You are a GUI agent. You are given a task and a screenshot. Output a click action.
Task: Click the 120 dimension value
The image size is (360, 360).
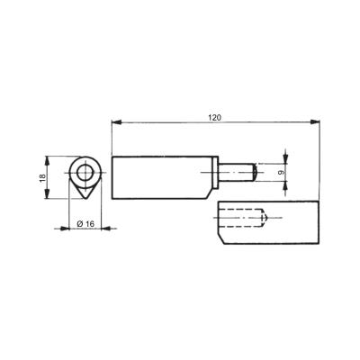[x=215, y=117]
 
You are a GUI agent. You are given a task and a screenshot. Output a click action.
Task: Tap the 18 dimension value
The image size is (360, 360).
[x=43, y=176]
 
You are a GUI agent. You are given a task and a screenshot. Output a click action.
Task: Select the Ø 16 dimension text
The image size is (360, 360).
[x=85, y=224]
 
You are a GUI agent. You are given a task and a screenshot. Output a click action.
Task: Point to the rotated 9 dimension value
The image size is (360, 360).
[x=281, y=172]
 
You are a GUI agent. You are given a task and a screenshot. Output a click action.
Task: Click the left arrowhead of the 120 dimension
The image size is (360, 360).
[x=116, y=122]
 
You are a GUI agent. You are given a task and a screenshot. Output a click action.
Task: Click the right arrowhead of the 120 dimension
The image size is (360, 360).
[x=315, y=122]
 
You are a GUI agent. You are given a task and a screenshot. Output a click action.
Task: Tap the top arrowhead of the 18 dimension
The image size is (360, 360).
[x=47, y=161]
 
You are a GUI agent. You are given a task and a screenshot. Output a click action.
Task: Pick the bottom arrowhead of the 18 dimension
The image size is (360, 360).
[x=47, y=193]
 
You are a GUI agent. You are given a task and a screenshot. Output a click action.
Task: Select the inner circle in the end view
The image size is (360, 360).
[x=85, y=173]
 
